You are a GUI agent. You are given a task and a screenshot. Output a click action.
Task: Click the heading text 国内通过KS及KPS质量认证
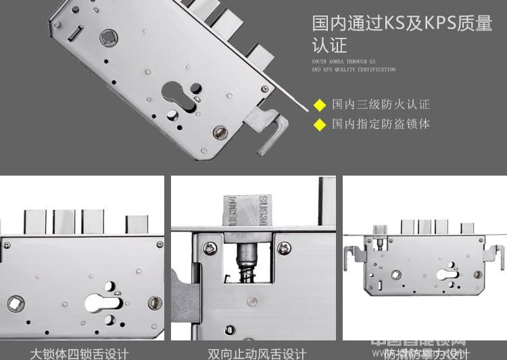point(402,34)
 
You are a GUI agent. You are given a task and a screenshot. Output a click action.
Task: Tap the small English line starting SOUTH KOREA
point(354,66)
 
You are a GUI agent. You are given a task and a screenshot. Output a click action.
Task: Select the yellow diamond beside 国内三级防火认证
point(320,105)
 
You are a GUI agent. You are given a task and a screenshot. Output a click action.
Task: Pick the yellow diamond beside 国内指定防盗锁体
point(320,124)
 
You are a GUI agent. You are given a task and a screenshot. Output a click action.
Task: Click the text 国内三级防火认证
point(381,105)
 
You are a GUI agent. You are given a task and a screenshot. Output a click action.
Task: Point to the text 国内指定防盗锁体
point(381,124)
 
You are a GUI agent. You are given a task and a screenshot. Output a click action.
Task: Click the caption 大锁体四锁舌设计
point(79,353)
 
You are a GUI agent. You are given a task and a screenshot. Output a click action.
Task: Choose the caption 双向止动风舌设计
point(257,353)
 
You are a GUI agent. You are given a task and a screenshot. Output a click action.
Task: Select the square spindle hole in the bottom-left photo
point(15,304)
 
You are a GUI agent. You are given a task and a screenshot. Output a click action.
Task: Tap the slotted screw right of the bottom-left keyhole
point(155,303)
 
